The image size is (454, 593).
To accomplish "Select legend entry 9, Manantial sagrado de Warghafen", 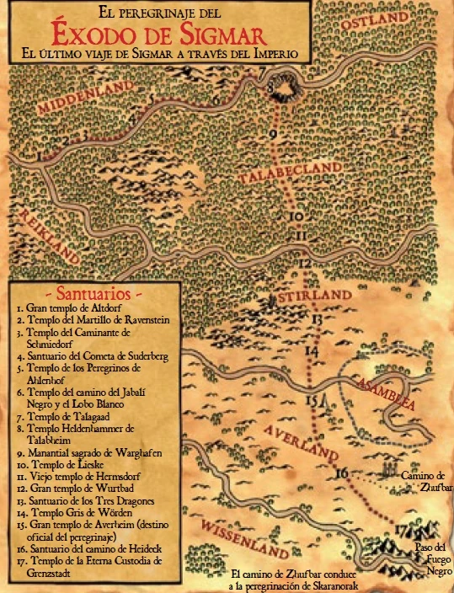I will click(x=88, y=453).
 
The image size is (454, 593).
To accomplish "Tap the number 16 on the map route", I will click(x=341, y=473).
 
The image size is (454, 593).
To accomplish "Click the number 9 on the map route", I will click(x=272, y=134).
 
